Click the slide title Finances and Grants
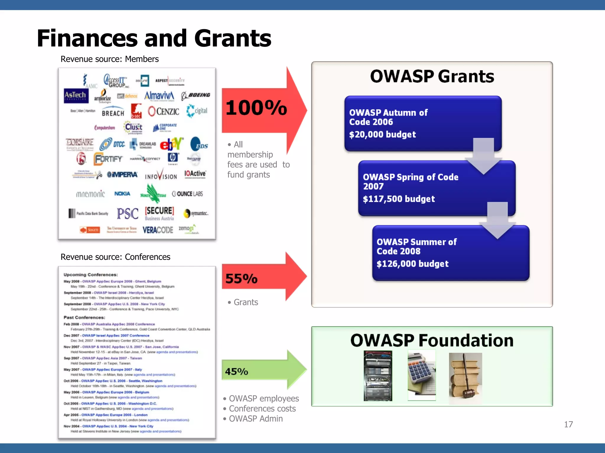pyautogui.click(x=154, y=38)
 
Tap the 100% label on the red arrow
pyautogui.click(x=256, y=108)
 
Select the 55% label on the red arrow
pyautogui.click(x=241, y=279)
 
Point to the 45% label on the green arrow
pyautogui.click(x=236, y=371)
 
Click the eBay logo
pyautogui.click(x=171, y=144)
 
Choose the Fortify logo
pyautogui.click(x=108, y=159)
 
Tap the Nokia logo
pyautogui.click(x=122, y=193)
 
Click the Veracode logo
pyautogui.click(x=158, y=230)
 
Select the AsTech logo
pyautogui.click(x=76, y=96)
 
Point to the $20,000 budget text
pyautogui.click(x=382, y=134)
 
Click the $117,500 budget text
pyautogui.click(x=399, y=199)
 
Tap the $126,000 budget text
pyautogui.click(x=412, y=264)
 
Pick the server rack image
pyautogui.click(x=378, y=375)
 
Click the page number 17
pyautogui.click(x=568, y=424)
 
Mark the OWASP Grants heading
pyautogui.click(x=432, y=76)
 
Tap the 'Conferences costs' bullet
pyautogui.click(x=262, y=409)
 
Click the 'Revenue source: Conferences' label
pyautogui.click(x=115, y=257)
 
